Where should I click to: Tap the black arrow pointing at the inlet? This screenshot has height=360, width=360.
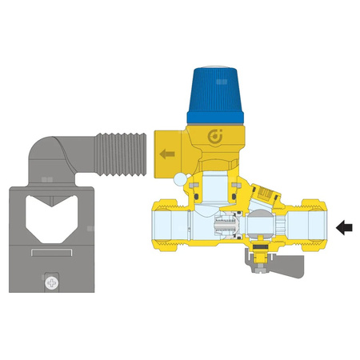click(344, 228)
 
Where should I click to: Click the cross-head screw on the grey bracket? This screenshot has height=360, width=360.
click(53, 282)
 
